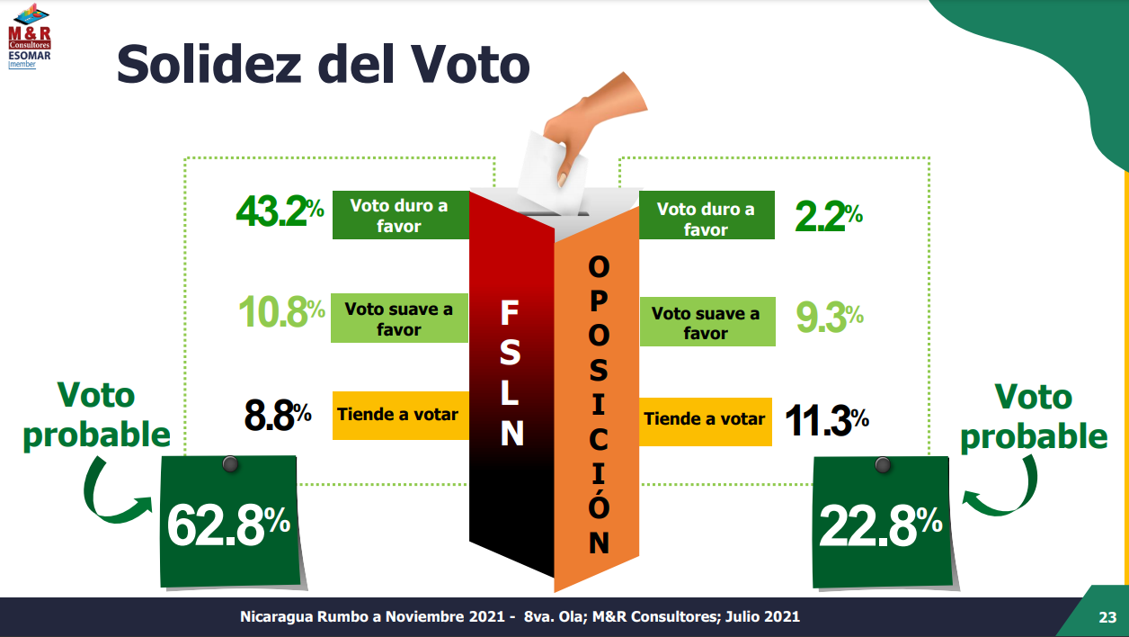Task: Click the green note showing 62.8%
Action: [230, 522]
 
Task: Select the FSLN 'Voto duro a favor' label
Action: [399, 215]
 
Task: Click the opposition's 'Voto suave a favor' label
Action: [706, 322]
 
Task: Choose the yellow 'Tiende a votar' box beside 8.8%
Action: [399, 415]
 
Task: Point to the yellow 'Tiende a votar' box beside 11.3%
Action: [705, 419]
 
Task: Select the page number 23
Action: [1107, 618]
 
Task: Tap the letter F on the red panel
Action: [509, 313]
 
